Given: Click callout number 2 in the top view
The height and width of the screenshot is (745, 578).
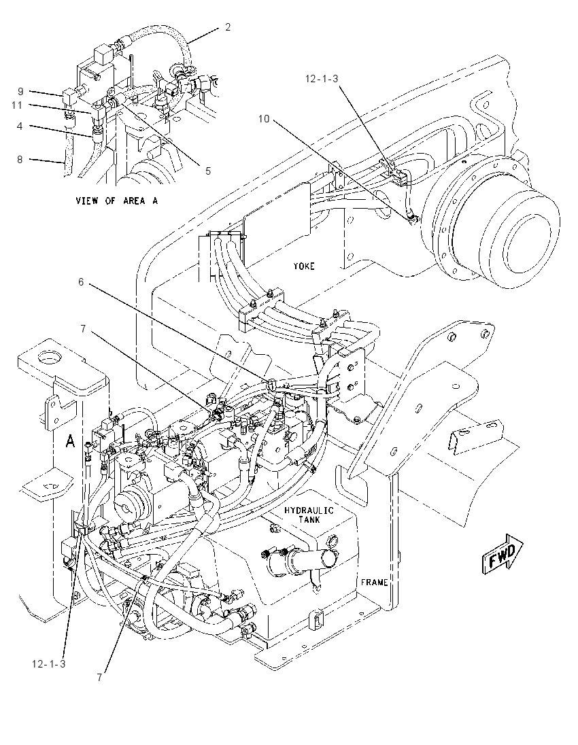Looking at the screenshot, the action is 228,28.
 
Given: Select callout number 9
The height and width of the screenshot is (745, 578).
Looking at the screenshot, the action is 20,91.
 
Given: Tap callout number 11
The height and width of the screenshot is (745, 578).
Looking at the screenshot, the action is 17,105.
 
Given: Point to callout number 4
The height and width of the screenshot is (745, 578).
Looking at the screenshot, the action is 20,126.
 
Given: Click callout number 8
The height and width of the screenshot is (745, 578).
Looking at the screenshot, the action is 20,160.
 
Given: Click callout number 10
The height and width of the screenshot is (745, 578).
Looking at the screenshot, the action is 264,119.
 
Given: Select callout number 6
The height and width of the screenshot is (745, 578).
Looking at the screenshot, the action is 81,282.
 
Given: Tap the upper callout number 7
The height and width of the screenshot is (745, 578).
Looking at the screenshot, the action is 83,328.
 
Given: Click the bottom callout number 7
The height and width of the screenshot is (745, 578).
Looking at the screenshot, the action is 99,678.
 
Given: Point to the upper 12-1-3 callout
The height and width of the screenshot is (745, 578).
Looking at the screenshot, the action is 322,78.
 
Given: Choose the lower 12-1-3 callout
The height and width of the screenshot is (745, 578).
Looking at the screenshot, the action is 49,664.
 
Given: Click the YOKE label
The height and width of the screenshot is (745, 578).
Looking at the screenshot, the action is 303,266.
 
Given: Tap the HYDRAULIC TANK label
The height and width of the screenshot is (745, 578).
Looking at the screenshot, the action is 309,515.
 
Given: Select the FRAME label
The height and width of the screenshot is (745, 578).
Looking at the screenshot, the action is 374,582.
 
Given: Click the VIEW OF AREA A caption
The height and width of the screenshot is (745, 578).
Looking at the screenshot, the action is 116,201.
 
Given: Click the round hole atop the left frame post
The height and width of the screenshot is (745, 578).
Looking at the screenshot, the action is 47,356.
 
